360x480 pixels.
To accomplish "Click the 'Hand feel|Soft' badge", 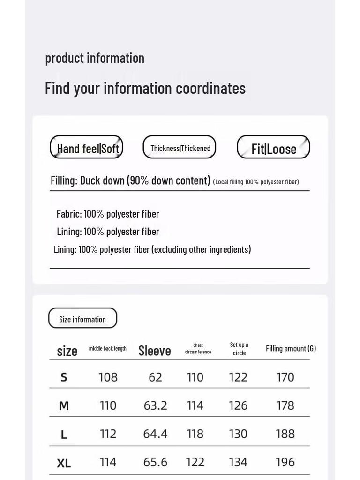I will click(87, 148).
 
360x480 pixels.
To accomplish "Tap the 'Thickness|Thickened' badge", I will click(180, 148).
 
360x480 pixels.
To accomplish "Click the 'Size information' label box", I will click(82, 319).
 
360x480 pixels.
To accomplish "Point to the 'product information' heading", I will click(95, 58).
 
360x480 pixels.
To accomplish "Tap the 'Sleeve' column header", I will click(155, 351).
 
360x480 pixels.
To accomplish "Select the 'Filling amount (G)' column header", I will click(291, 348).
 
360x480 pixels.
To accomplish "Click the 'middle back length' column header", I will click(108, 348).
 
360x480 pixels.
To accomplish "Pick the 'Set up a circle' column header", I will click(239, 349).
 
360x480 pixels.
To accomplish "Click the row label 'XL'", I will click(64, 463).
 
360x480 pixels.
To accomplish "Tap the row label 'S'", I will click(64, 377).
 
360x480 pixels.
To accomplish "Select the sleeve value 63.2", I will click(155, 405).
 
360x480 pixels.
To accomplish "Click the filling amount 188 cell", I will click(285, 434).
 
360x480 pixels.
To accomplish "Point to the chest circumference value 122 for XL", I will click(195, 462).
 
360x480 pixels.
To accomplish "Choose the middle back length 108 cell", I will click(108, 377).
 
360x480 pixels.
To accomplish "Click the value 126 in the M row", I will click(238, 405).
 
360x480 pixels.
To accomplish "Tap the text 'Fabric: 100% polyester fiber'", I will click(108, 214).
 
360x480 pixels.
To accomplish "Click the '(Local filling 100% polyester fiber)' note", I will click(256, 182).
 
